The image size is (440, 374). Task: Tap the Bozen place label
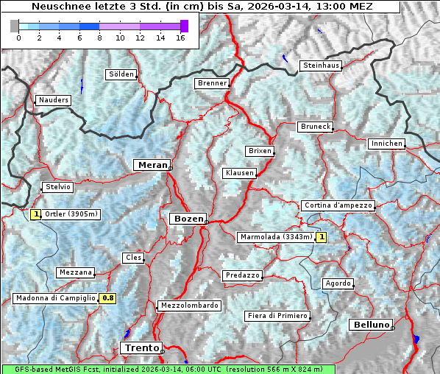click(187, 219)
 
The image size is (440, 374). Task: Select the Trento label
click(141, 347)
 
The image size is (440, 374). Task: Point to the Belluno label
click(370, 324)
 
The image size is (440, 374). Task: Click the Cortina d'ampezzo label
click(338, 205)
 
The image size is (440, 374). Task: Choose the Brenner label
click(213, 83)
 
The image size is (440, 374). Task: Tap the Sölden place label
click(121, 74)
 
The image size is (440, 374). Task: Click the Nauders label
click(53, 100)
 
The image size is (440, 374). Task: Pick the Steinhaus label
click(322, 66)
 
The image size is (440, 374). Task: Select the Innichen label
click(386, 144)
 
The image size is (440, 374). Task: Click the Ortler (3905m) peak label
click(71, 214)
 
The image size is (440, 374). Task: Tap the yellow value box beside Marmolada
click(321, 237)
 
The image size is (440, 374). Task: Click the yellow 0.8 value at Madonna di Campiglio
click(107, 298)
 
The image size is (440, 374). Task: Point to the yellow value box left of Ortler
click(35, 214)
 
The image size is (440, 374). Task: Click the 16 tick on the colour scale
click(180, 38)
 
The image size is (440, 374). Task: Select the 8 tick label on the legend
click(99, 38)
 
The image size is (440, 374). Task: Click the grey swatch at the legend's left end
click(15, 26)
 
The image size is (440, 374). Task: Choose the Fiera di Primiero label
click(277, 316)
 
